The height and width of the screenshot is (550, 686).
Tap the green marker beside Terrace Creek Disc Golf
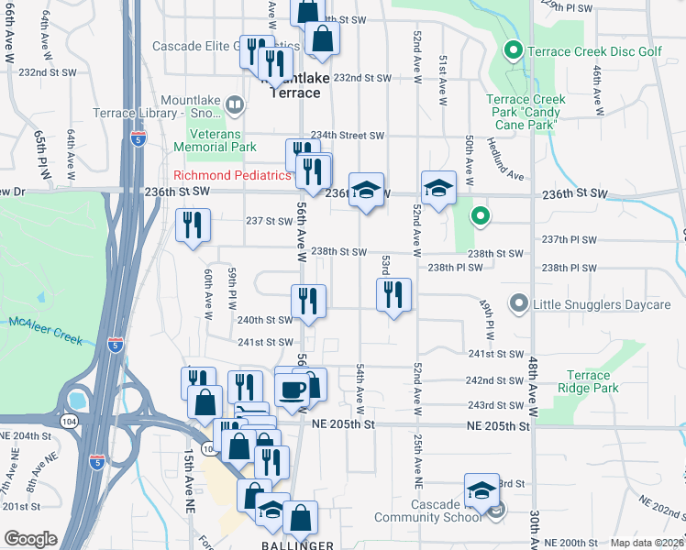coord(514,50)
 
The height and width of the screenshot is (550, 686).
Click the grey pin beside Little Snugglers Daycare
coord(518,302)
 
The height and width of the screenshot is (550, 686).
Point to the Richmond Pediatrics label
coord(232,175)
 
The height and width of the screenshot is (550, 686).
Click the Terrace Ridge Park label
coord(588,381)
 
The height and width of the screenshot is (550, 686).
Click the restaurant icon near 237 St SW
coord(193,225)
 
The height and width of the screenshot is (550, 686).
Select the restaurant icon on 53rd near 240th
coord(393,295)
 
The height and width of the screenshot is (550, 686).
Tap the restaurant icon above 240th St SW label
coord(308,301)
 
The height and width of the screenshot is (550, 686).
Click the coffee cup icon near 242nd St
coord(292,389)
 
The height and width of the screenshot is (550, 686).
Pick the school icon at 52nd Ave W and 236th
coord(438,188)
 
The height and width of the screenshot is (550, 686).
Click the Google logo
coord(30,539)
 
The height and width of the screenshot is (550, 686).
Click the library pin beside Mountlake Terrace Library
coord(235,105)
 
